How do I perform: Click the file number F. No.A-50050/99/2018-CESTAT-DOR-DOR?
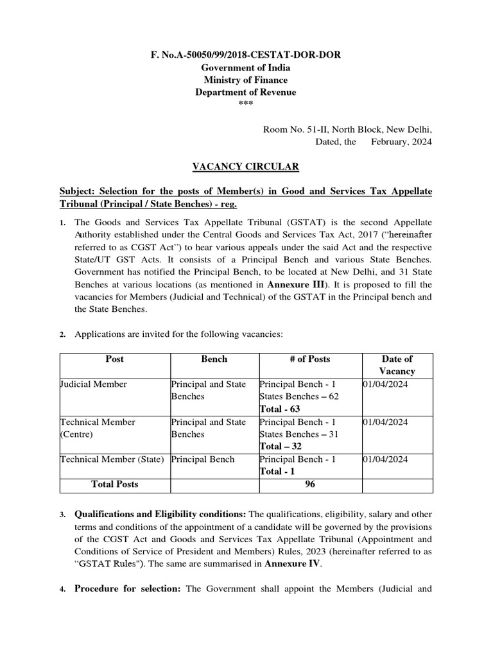246,55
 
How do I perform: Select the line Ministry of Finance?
246,80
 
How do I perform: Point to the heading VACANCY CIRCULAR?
246,167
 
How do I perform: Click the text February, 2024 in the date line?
401,142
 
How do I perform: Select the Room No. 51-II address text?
347,130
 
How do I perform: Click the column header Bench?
214,359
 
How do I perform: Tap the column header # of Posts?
309,359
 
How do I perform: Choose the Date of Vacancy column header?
397,365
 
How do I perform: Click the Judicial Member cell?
94,384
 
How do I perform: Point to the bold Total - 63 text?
280,409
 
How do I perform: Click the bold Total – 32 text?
281,447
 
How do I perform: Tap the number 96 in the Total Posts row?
310,484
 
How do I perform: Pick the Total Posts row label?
116,484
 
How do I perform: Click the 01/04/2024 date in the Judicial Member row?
385,384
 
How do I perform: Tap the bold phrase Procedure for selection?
128,590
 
